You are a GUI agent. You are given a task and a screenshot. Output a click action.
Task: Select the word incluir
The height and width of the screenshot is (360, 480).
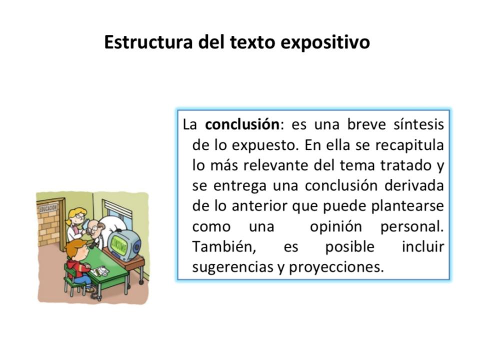[422, 247]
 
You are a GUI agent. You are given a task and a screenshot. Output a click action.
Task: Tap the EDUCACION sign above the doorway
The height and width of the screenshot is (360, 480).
[49, 206]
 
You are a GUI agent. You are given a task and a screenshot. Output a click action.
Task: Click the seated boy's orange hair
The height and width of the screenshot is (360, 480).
[77, 246]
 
